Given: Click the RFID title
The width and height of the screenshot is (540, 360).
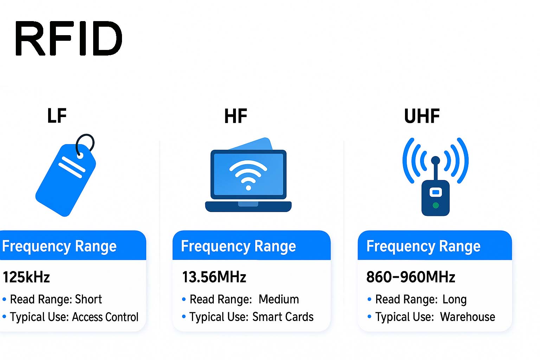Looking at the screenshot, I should click(x=69, y=38).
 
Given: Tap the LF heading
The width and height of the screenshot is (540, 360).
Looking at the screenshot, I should click(x=57, y=116).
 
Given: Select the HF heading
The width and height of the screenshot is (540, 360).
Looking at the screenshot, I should click(x=236, y=116).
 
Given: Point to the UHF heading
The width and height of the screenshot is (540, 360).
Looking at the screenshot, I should click(x=422, y=116).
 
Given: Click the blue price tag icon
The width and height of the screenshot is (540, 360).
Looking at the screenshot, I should click(x=63, y=183).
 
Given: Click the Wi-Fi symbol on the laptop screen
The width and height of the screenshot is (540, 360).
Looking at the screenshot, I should click(x=248, y=174).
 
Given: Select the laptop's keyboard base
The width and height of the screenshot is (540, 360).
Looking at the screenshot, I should click(x=248, y=207).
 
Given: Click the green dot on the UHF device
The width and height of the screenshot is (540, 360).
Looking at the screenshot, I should click(x=436, y=205).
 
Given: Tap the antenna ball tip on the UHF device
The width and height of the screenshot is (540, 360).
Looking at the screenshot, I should click(x=435, y=160).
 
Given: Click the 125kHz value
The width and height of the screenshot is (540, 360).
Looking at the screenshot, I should click(x=26, y=277).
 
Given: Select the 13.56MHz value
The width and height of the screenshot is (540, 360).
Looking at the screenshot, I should click(x=214, y=277).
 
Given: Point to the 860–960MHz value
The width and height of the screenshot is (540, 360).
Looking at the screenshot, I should click(x=411, y=277).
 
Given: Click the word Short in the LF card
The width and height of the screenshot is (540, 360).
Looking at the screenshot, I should click(x=88, y=299).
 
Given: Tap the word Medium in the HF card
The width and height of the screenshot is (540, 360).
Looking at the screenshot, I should click(x=279, y=299).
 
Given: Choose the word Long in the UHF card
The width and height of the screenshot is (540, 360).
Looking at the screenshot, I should click(x=454, y=299).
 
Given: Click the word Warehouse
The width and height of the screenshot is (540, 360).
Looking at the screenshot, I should click(x=468, y=317).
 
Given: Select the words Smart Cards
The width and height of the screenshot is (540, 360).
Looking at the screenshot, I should click(x=283, y=317).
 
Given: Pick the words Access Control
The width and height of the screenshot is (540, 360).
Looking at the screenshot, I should click(x=105, y=317).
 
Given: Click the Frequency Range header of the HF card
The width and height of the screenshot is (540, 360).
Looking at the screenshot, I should click(x=238, y=246).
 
